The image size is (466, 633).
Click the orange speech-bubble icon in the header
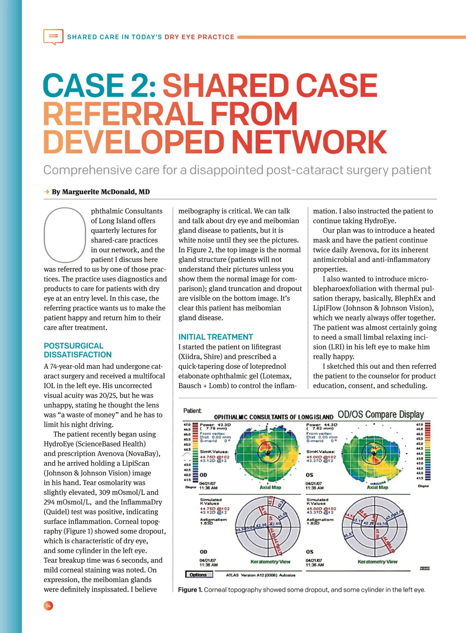tap(53, 36)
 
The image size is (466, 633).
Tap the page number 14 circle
tap(48, 606)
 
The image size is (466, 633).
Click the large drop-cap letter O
tap(65, 235)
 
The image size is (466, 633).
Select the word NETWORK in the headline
tap(310, 142)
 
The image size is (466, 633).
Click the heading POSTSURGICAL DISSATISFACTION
tap(77, 350)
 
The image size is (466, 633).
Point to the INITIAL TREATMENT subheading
tap(216, 337)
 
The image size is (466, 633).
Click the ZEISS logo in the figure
tap(424, 569)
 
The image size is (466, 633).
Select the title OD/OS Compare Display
tap(381, 414)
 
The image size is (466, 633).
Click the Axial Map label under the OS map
tap(377, 487)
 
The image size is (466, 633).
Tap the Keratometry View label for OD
tap(270, 562)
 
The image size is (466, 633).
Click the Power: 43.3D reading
tap(215, 425)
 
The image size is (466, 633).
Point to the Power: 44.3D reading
tap(322, 425)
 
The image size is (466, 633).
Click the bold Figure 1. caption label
tap(190, 590)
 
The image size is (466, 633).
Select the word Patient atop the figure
tap(192, 411)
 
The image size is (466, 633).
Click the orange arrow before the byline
tap(47, 192)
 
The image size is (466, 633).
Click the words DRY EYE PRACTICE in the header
tap(199, 37)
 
